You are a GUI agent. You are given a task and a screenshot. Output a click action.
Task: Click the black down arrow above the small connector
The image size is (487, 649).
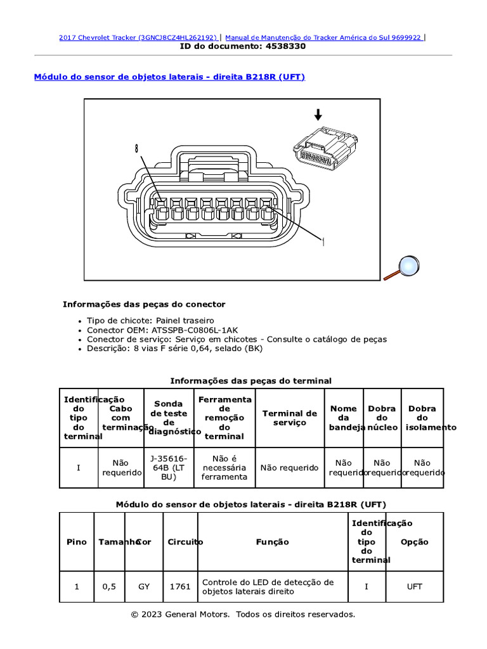tap(318, 114)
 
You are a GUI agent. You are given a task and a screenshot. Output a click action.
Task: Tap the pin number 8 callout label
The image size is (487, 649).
tap(136, 149)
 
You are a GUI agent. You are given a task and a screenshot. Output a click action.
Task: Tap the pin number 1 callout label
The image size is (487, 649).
tap(323, 241)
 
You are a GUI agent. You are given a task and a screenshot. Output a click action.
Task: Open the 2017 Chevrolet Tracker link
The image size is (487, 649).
tap(138, 37)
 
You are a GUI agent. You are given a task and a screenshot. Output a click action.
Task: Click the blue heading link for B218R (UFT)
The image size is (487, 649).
tap(169, 77)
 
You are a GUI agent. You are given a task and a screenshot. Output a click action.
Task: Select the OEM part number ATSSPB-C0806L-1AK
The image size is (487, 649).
tap(194, 330)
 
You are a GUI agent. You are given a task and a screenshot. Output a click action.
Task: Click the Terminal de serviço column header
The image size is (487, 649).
tap(289, 418)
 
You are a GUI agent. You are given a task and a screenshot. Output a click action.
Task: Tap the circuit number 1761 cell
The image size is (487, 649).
tap(180, 587)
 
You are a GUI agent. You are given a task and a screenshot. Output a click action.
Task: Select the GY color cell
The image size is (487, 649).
tap(144, 587)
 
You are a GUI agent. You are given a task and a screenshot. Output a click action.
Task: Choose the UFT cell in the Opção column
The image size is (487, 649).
tap(414, 587)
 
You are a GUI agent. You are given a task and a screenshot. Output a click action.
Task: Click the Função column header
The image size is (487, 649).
tap(273, 542)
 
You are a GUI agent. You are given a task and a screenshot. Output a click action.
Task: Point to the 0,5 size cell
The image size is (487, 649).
tap(109, 587)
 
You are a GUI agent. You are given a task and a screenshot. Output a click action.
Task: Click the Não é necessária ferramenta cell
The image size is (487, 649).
tap(224, 468)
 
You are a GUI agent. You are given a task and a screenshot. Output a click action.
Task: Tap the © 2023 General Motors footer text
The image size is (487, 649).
tap(243, 614)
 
